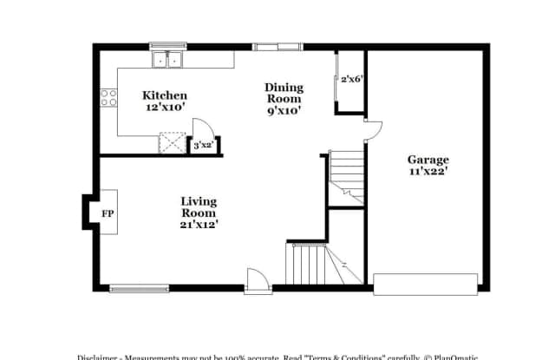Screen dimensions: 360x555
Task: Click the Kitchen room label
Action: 165,95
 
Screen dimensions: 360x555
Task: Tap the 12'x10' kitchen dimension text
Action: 165,108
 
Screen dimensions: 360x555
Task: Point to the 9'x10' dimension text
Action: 284,111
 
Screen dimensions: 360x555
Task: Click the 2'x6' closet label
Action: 350,80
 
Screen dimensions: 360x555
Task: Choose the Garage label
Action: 428,160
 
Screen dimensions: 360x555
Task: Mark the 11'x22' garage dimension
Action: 428,172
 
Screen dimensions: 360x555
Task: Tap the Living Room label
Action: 199,206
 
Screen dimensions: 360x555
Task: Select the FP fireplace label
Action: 108,213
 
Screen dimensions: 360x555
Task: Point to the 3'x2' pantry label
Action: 202,146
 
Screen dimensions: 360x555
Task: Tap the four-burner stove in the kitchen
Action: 109,98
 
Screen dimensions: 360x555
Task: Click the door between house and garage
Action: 371,130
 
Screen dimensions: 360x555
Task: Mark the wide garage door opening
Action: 425,283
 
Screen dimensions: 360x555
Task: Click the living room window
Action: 139,288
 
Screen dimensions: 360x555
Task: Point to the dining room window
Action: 277,46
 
